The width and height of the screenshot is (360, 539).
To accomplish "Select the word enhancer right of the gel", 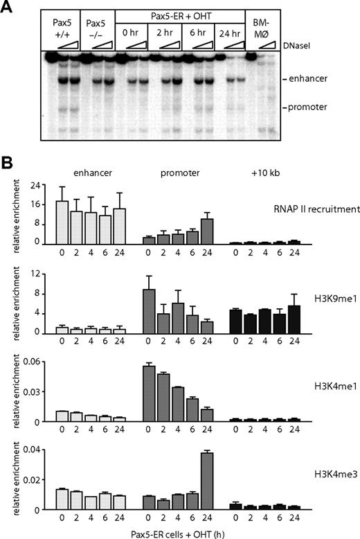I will (304, 80).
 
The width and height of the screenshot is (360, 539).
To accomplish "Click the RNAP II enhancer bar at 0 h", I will (62, 222).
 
